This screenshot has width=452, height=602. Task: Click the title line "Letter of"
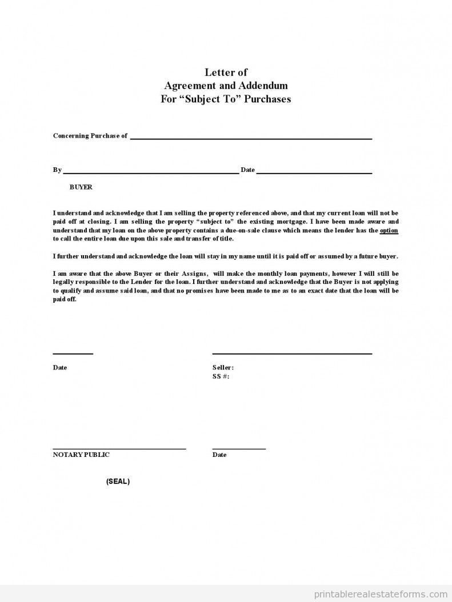tap(226, 72)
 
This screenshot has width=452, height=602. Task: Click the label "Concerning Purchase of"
tap(90, 136)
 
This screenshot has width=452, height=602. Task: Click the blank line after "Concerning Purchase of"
tap(251, 138)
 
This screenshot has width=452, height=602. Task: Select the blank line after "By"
tap(151, 172)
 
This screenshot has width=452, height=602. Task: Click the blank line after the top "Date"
tap(314, 172)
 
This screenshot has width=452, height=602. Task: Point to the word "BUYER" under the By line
tap(81, 187)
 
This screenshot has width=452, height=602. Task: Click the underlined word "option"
tap(389, 230)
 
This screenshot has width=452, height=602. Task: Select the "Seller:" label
tap(223, 368)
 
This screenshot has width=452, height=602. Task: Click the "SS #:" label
tap(221, 376)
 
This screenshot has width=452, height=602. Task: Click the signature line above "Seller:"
tap(291, 354)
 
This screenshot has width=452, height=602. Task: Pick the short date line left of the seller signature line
tap(73, 354)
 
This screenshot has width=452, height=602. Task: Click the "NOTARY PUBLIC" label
tap(81, 455)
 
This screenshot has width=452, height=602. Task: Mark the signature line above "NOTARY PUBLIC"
tap(119, 449)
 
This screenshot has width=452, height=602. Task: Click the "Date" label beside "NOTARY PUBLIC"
tap(219, 455)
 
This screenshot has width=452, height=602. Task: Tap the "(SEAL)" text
tap(118, 481)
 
